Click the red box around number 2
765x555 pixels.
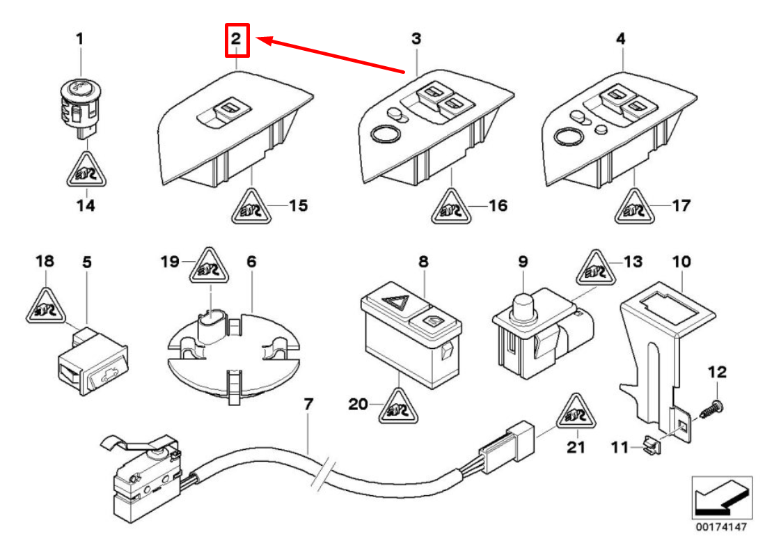(237, 40)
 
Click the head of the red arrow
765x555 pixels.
(257, 39)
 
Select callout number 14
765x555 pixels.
(86, 205)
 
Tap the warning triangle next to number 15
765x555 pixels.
(251, 207)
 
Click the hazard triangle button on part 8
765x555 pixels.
(396, 304)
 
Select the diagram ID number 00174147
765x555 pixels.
(721, 526)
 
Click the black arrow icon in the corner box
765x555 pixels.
(720, 497)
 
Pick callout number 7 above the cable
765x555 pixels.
(308, 405)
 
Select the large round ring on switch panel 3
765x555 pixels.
(385, 134)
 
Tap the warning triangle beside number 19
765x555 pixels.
(210, 266)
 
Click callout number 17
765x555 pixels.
(681, 205)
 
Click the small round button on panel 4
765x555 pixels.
(601, 129)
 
